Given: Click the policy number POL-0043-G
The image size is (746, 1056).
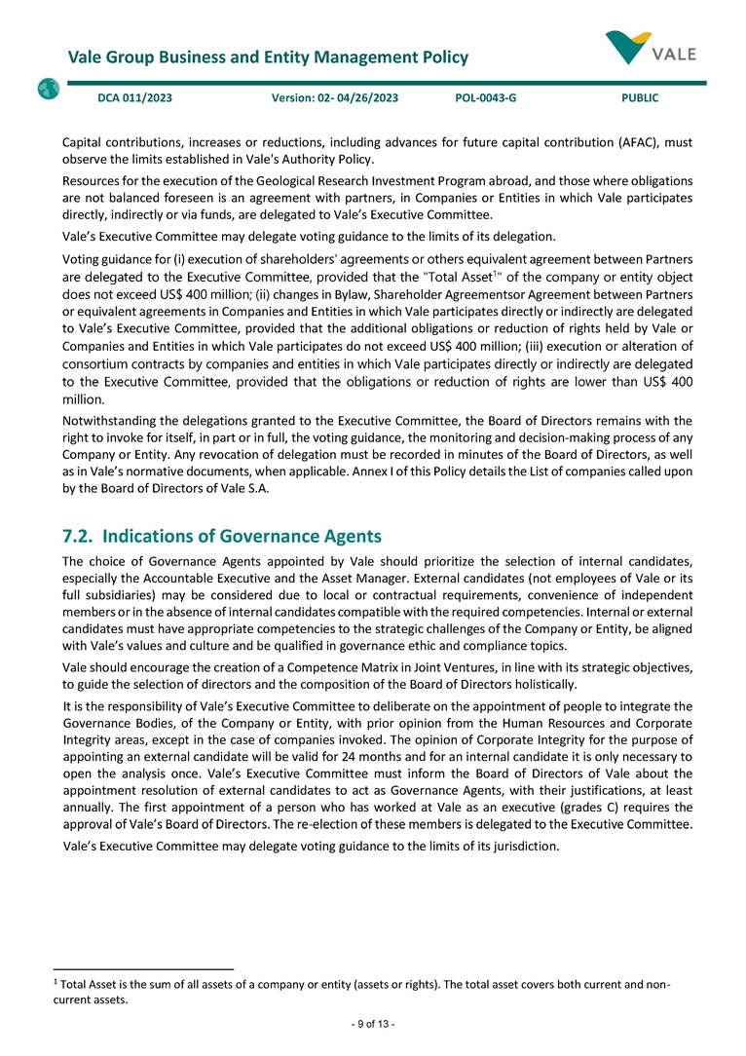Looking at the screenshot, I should (x=485, y=98).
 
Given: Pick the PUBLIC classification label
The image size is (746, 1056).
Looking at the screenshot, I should (x=640, y=98).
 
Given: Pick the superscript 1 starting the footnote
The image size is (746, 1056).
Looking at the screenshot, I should (x=56, y=983).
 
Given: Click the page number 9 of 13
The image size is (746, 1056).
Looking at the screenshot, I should (x=373, y=1024).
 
